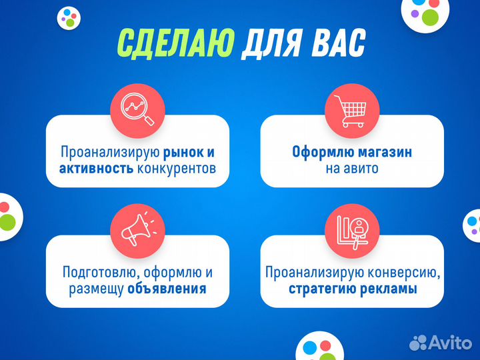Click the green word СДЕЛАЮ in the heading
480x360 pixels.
(175, 44)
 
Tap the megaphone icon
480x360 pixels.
(137, 227)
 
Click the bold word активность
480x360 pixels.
(96, 168)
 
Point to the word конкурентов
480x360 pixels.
(177, 168)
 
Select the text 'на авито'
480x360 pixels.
(352, 168)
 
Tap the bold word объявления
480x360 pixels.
(167, 289)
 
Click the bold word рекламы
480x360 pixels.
(391, 289)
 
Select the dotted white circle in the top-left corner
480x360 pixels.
(69, 17)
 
